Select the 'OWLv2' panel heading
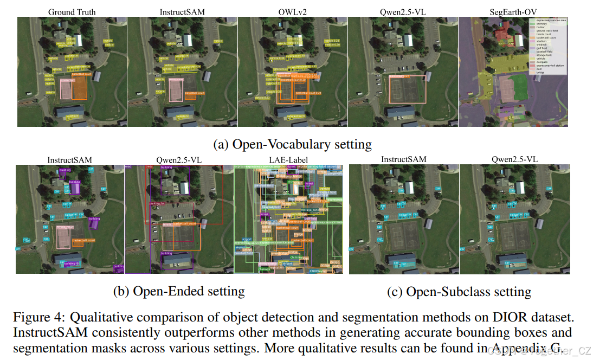point(292,11)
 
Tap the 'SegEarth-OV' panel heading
point(512,11)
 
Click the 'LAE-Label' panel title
point(288,160)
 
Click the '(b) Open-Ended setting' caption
point(179,291)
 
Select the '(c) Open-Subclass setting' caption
point(459,291)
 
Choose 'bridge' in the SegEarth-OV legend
point(538,73)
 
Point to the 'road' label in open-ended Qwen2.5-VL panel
point(128,166)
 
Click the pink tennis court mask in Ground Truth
point(66,88)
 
